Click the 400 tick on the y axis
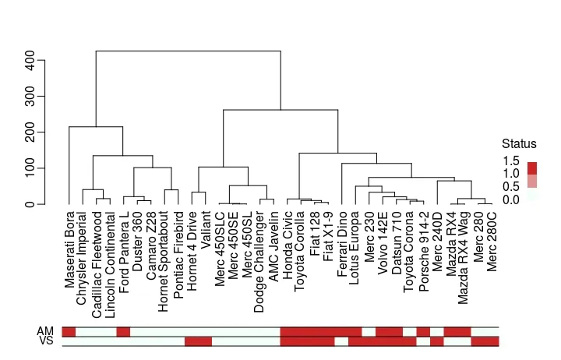pyautogui.click(x=30, y=60)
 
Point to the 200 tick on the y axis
pyautogui.click(x=30, y=132)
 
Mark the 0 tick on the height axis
pyautogui.click(x=30, y=204)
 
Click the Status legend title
pyautogui.click(x=519, y=143)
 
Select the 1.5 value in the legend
pyautogui.click(x=511, y=161)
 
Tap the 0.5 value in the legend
pyautogui.click(x=511, y=187)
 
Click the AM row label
pyautogui.click(x=45, y=331)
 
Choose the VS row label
pyautogui.click(x=45, y=341)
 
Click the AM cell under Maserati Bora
pyautogui.click(x=69, y=332)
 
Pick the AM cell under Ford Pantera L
pyautogui.click(x=123, y=332)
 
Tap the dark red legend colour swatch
pyautogui.click(x=532, y=168)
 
